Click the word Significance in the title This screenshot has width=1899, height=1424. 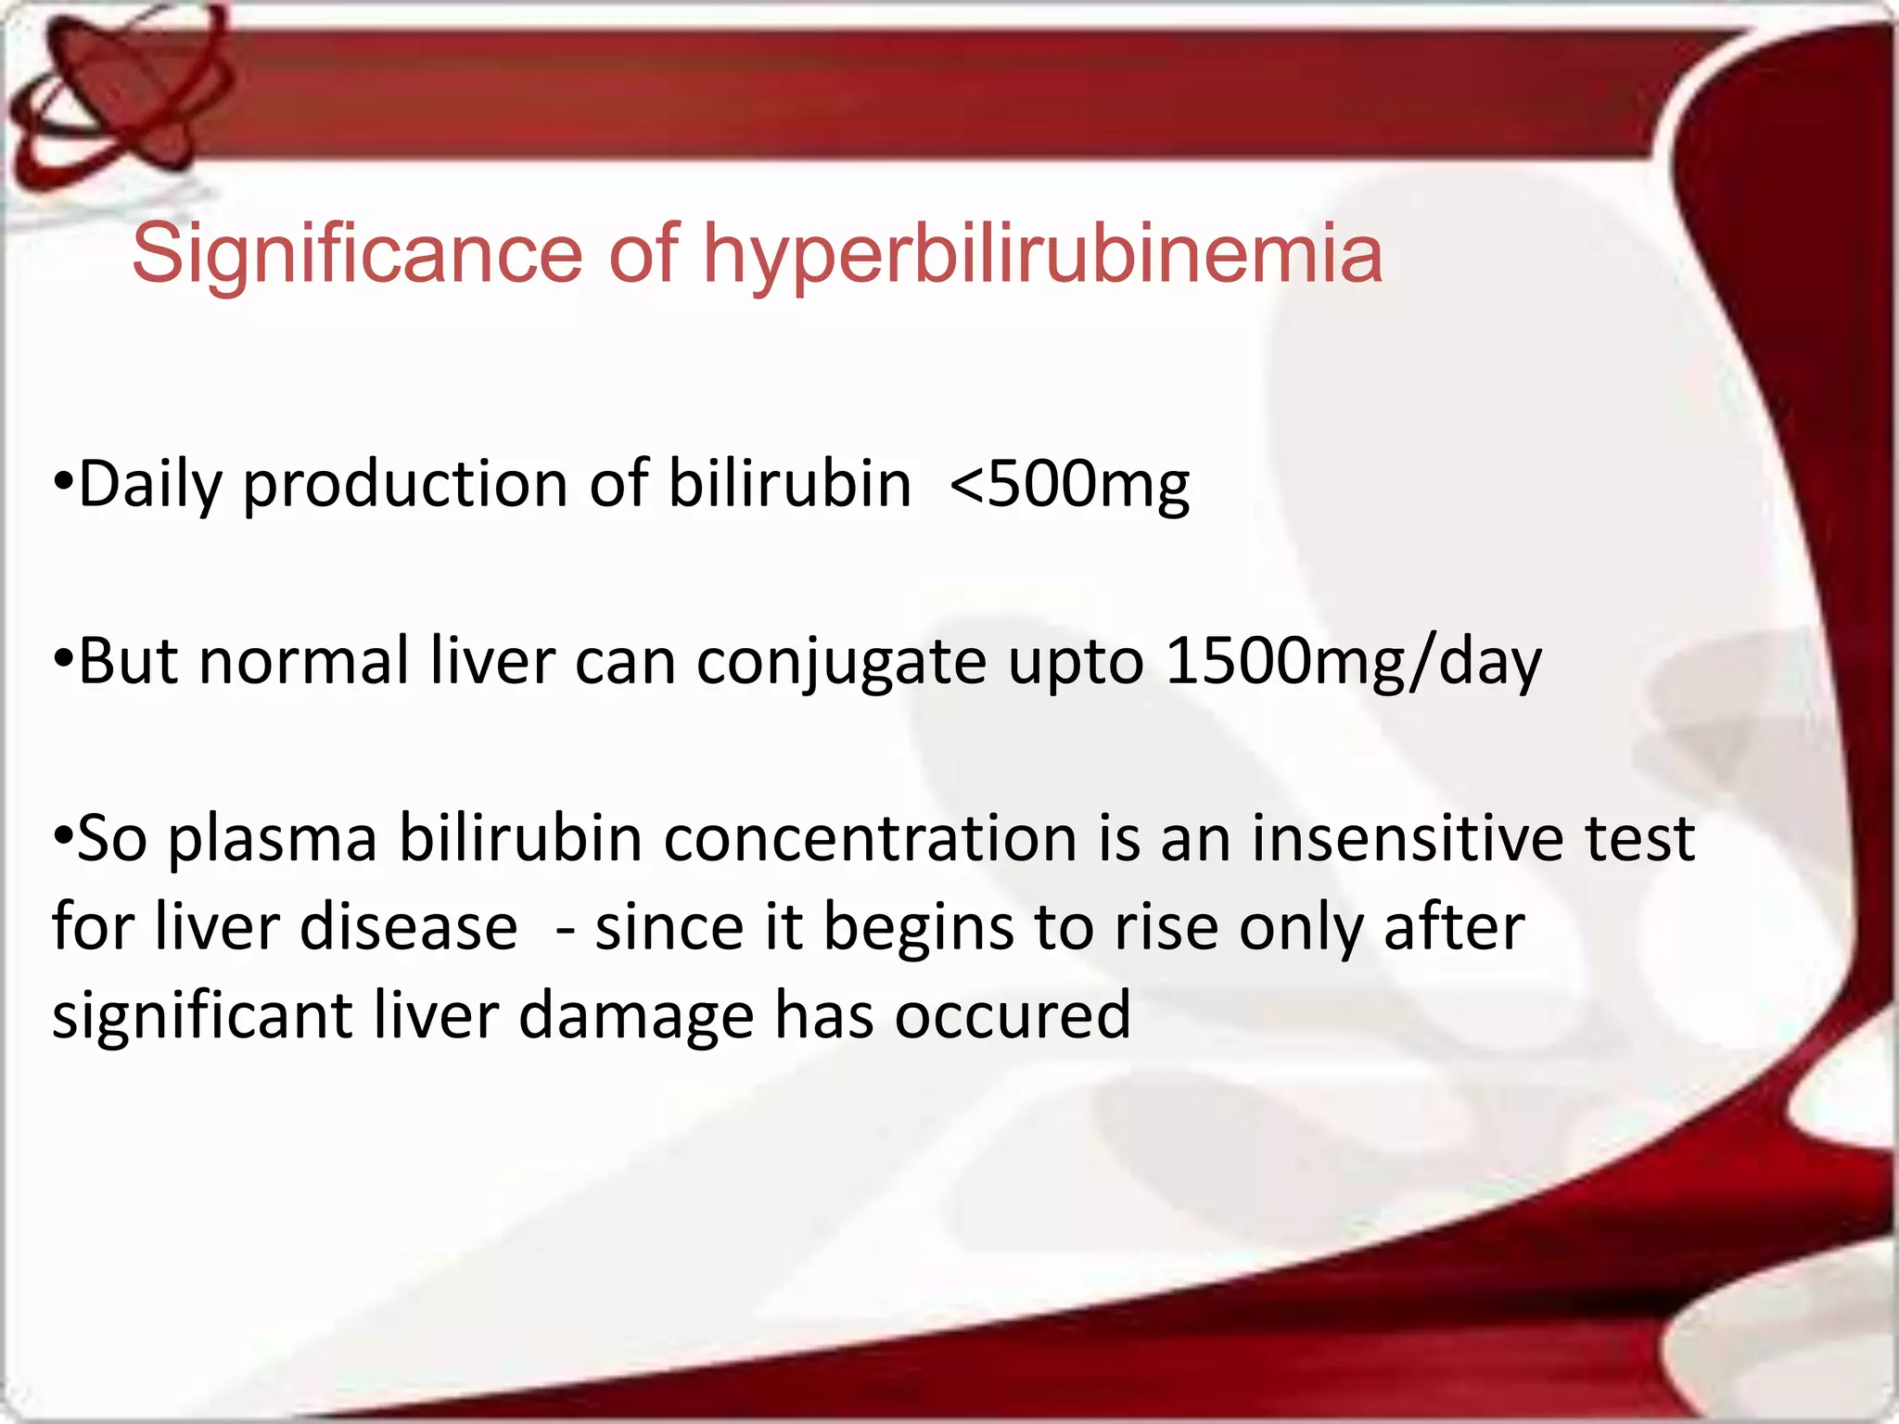356,254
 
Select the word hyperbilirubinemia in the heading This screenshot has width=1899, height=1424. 1042,256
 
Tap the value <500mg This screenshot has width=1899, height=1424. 1069,484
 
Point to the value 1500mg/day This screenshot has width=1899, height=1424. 1353,662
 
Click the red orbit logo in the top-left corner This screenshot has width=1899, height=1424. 116,97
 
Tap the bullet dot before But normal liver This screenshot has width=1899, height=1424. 62,659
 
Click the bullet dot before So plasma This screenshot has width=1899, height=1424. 62,836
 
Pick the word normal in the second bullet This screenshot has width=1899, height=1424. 303,662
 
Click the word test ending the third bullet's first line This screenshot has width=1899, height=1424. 1639,838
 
